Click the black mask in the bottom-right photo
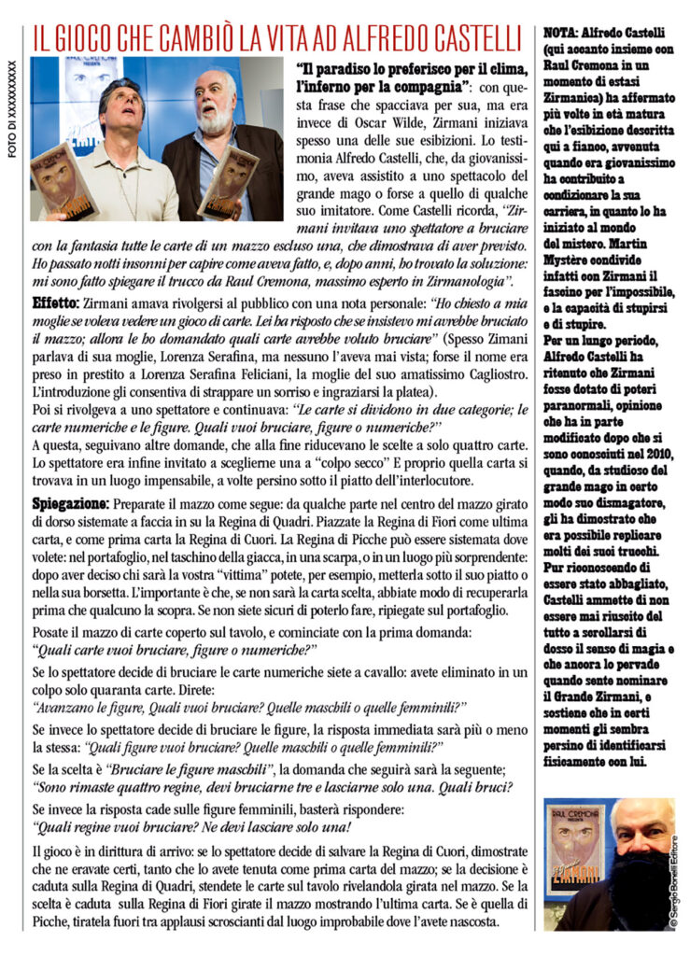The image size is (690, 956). coord(639,895)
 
